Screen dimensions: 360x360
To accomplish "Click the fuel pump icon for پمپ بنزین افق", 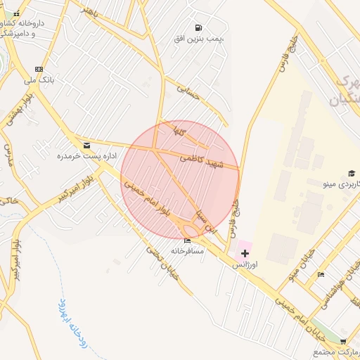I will [x=202, y=27].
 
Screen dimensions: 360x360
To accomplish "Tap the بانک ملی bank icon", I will [x=38, y=70].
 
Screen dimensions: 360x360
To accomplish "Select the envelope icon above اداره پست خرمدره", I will [x=86, y=146].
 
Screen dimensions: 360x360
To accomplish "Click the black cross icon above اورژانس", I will [x=244, y=252].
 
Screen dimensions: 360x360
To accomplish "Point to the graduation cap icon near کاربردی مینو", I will [x=351, y=174].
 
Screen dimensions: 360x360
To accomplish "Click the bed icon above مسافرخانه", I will [x=186, y=241].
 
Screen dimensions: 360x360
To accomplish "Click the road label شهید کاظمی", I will [x=202, y=162].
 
